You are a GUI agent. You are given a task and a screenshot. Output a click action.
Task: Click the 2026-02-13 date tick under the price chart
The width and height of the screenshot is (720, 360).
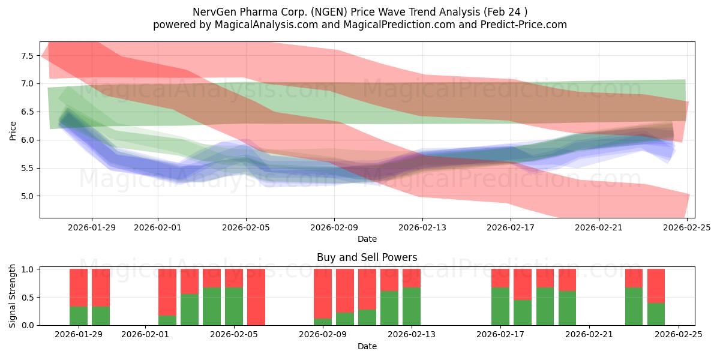(422, 227)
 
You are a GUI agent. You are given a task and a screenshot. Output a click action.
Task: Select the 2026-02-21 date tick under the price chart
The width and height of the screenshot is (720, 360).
(599, 227)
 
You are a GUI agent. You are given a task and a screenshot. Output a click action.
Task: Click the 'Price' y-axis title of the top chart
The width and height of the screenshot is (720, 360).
(13, 130)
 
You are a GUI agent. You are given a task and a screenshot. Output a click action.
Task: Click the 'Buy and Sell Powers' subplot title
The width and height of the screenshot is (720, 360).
(367, 257)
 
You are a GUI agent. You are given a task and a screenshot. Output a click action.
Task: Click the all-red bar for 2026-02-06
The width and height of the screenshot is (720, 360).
(256, 297)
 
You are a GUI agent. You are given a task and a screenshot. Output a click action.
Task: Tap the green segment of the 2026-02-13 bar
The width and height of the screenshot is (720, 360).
(412, 306)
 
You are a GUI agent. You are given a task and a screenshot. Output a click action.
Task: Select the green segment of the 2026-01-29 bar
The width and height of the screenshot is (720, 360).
(79, 316)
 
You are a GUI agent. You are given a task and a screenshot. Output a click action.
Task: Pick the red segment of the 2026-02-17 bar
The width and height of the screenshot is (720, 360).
(500, 278)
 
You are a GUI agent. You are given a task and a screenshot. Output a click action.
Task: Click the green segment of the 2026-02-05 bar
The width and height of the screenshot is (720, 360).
(234, 306)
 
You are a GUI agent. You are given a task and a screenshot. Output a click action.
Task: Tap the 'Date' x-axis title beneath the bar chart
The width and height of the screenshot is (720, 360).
(367, 346)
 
